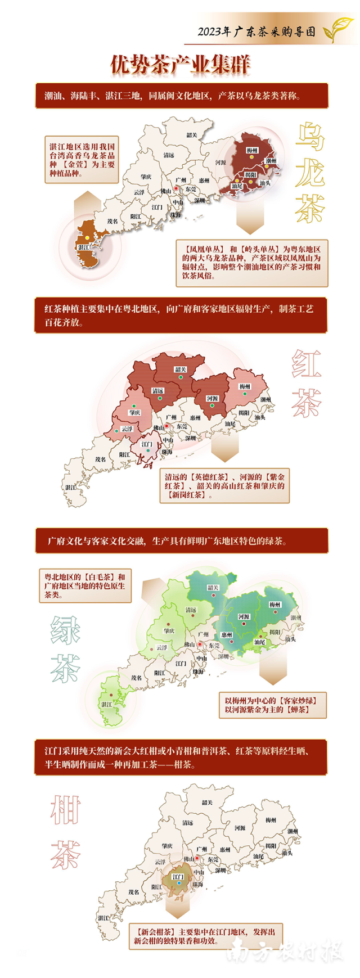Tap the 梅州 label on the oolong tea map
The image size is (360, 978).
coord(252,151)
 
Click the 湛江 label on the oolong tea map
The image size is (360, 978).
coord(83,247)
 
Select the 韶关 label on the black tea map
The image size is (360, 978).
coord(180,369)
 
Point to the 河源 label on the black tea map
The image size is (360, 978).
coord(211,398)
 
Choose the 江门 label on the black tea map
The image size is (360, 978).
coord(147,444)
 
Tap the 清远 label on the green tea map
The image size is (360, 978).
coord(191,610)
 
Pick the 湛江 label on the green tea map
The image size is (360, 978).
coord(106,704)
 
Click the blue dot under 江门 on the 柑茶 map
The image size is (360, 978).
coord(178,884)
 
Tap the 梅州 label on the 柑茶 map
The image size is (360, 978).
coord(271,820)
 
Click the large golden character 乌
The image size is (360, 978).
coord(310,137)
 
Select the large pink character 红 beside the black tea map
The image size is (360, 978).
coord(307,364)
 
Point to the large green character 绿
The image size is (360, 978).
coord(65,630)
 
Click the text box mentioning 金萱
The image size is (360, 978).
coord(82,160)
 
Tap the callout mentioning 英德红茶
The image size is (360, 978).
coord(224,485)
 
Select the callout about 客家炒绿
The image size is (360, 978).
coord(272,705)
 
